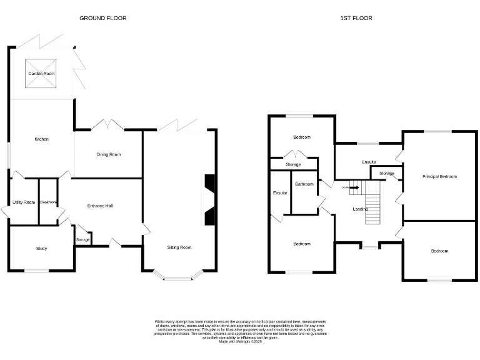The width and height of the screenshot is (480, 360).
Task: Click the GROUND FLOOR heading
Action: (102, 18)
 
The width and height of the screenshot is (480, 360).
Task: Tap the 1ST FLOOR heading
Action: (356, 18)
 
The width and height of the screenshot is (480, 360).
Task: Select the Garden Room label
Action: (41, 74)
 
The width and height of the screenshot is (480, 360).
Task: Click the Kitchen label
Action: (41, 139)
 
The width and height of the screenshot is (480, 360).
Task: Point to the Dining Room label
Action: (108, 154)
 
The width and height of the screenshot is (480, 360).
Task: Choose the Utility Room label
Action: (24, 202)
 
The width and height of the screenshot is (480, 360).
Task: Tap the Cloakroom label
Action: (48, 202)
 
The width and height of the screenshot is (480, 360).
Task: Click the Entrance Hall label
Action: (100, 205)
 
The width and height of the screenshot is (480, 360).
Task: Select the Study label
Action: (41, 249)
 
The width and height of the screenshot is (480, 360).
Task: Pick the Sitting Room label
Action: (179, 247)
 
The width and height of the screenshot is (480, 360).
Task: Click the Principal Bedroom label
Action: (439, 177)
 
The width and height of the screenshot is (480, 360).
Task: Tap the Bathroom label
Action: (304, 184)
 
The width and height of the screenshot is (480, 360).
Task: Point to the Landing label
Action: (360, 209)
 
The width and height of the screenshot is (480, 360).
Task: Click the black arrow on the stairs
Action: (355, 186)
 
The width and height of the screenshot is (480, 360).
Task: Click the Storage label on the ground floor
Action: (82, 240)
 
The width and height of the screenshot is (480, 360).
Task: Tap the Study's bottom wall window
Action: (36, 271)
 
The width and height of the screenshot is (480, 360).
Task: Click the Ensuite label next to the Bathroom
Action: (280, 193)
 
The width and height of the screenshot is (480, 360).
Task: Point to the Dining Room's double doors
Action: (107, 125)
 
